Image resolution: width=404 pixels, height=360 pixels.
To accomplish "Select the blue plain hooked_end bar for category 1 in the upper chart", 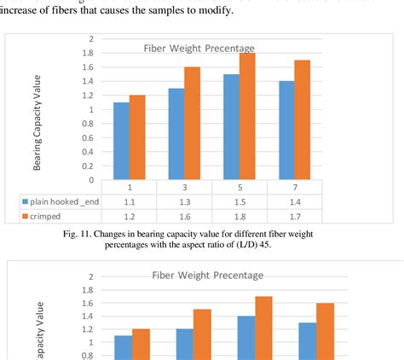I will [122, 141].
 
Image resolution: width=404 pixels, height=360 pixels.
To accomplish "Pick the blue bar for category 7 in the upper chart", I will [286, 130].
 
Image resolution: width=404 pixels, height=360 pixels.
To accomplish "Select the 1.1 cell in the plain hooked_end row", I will [130, 201].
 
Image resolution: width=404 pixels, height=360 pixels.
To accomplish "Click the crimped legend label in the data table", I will [49, 217].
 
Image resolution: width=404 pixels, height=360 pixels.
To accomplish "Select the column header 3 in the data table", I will [185, 187].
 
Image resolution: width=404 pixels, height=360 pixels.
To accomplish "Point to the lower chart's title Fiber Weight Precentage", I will [208, 275].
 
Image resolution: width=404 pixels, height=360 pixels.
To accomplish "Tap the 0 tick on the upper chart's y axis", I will [89, 179].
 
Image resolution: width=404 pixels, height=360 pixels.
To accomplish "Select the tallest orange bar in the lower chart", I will [265, 328].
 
